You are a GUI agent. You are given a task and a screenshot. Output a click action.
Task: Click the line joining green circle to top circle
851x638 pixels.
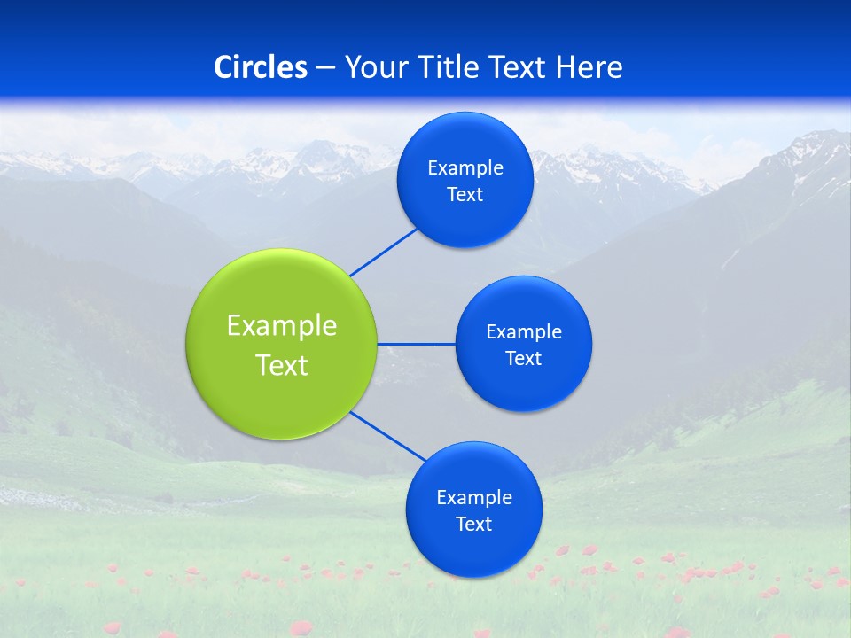pos(383,252)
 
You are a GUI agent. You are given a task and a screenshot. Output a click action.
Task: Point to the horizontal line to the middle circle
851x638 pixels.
pos(417,344)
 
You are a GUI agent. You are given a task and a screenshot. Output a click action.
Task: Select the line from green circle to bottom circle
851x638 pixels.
pos(388,436)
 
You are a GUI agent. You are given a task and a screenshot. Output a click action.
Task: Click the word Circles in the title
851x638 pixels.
pos(261,67)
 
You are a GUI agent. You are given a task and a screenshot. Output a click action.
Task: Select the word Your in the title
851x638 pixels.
pos(371,67)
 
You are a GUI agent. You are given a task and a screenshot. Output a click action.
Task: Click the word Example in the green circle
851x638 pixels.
pos(282,326)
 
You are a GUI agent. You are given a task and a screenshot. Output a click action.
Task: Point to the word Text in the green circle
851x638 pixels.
pos(282,365)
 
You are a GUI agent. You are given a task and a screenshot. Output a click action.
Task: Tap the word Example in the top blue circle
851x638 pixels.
pos(465,168)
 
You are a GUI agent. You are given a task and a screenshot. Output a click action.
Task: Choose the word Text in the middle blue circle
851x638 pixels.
pos(524,359)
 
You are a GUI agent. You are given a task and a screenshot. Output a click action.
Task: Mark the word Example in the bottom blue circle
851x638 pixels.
pos(474,498)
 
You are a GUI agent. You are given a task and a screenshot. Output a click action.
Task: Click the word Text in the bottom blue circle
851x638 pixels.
pos(474,525)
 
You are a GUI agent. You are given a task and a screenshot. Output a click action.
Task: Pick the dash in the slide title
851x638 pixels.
pos(325,67)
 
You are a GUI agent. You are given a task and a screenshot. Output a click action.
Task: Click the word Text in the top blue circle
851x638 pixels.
pos(465,195)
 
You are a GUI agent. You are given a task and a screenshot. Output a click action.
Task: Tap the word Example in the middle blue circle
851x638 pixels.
pos(524,332)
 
